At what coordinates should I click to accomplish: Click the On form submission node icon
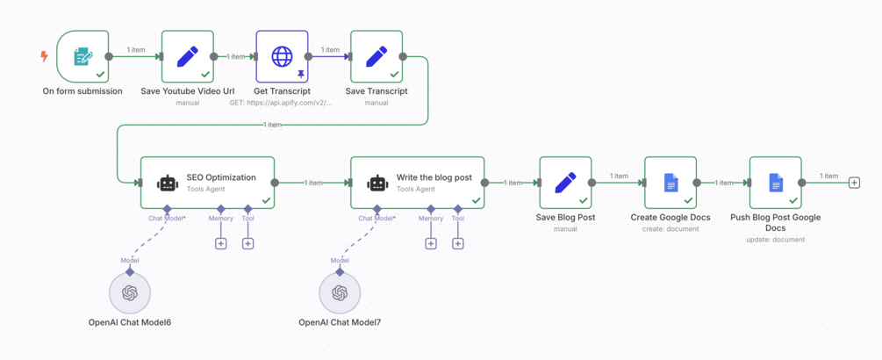tap(82, 56)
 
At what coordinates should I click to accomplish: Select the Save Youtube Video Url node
tap(187, 56)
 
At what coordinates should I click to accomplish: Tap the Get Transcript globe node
tap(282, 56)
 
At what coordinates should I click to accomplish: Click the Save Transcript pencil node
tap(376, 56)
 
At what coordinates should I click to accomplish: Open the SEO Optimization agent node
tap(207, 183)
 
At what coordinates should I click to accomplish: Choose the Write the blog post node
tap(417, 183)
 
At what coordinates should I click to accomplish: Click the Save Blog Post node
tap(565, 183)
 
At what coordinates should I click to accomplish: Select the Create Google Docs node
tap(670, 183)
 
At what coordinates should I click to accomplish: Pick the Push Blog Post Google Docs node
tap(775, 183)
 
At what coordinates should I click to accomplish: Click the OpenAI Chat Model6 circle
tap(130, 293)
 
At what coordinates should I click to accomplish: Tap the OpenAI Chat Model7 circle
tap(340, 293)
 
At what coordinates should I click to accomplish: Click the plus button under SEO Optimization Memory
tap(221, 243)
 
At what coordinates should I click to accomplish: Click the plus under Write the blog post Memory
tap(431, 243)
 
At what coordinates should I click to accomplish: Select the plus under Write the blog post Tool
tap(458, 243)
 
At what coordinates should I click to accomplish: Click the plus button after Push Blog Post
tap(854, 183)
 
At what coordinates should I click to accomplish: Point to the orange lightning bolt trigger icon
tap(44, 56)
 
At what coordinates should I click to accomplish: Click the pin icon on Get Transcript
tap(300, 75)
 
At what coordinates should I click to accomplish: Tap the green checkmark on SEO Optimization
tap(266, 200)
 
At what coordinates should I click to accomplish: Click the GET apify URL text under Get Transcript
tap(282, 103)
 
